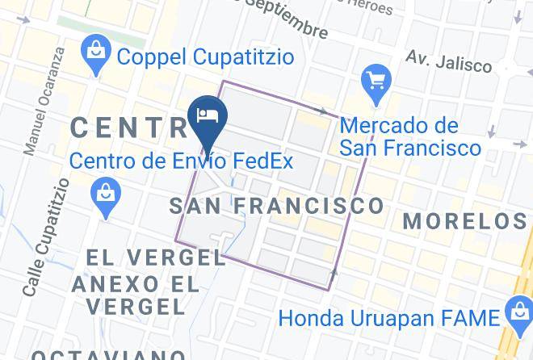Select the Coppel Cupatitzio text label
[x=205, y=57]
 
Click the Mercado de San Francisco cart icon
[x=376, y=80]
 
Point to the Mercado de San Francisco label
[x=409, y=137]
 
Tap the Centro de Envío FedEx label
[x=181, y=161]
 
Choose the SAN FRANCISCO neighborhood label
[x=277, y=206]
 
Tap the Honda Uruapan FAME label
[x=387, y=317]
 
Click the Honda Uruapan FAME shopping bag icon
[x=514, y=312]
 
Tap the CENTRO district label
[x=129, y=128]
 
